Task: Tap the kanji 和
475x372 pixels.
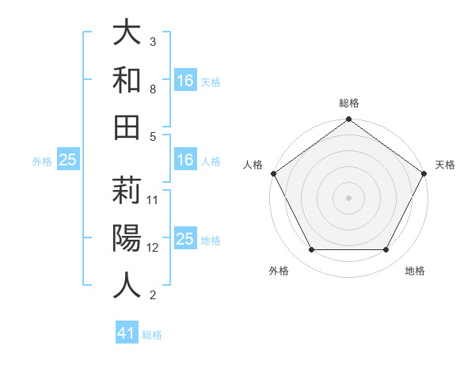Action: [127, 79]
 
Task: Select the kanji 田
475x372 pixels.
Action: [127, 127]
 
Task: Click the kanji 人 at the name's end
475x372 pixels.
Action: [127, 285]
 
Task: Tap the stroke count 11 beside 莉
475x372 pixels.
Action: [154, 199]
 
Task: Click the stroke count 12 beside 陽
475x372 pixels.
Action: [154, 247]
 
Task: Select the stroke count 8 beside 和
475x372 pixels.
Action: [153, 89]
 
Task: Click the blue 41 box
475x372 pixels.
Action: [127, 333]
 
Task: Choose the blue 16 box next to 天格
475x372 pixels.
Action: [185, 80]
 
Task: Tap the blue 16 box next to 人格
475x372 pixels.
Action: [185, 161]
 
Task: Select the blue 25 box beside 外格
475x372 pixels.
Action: [67, 161]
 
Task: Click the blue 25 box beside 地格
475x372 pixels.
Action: [185, 240]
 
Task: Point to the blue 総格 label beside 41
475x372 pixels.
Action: [152, 335]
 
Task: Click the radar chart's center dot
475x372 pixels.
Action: [348, 198]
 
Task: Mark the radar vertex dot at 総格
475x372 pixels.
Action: [348, 120]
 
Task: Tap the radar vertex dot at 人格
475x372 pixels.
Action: [274, 173]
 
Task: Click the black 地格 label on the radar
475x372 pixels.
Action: [415, 271]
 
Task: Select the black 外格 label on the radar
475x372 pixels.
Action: [279, 271]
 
